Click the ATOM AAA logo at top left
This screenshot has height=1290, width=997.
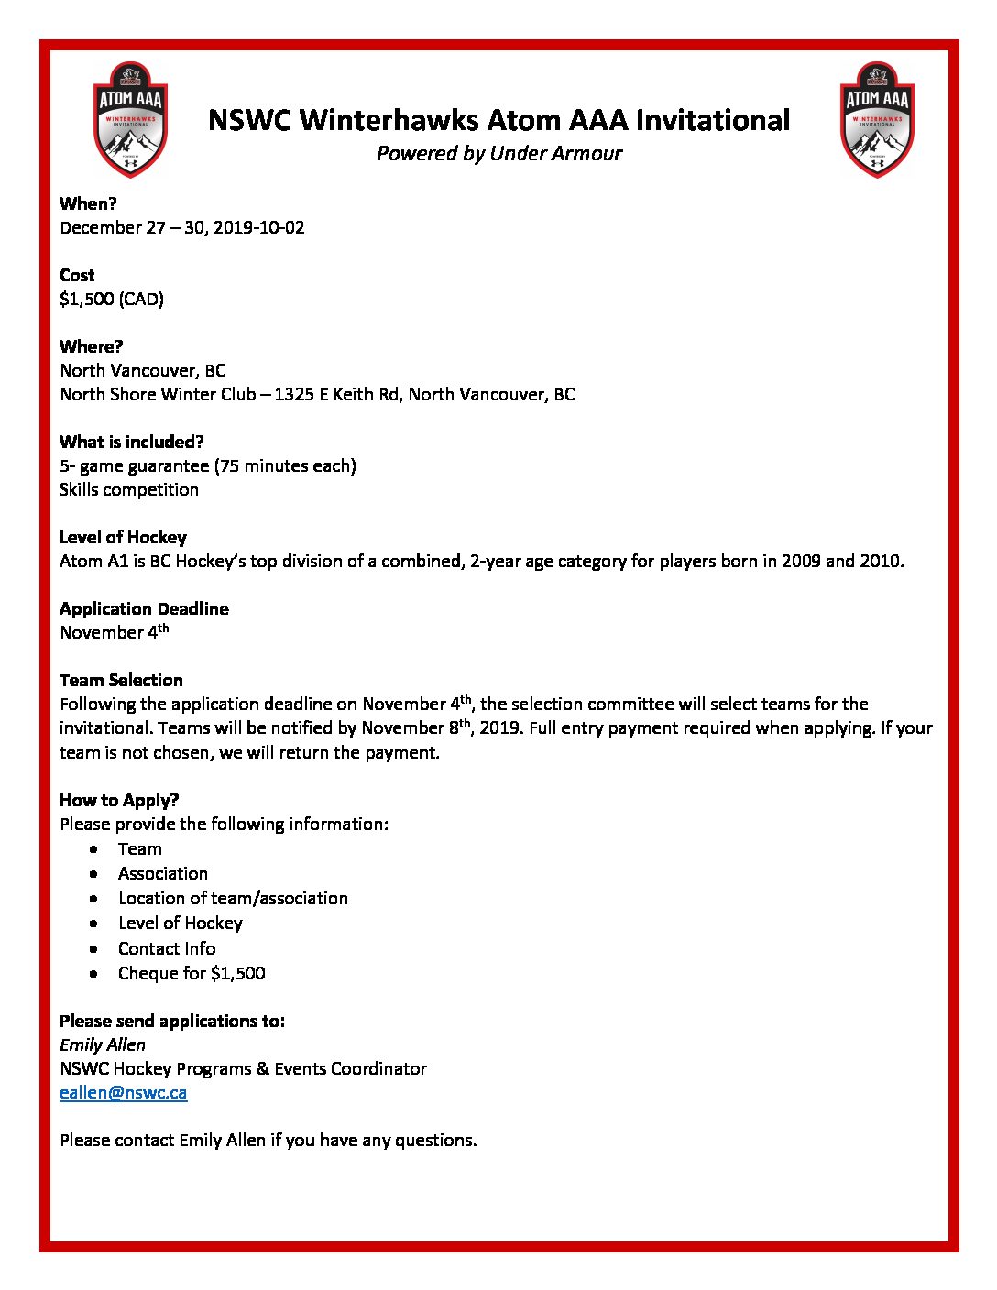click(131, 119)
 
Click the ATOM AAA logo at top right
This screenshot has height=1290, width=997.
click(877, 119)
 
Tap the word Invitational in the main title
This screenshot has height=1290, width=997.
click(712, 120)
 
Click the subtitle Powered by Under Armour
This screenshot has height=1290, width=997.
click(498, 154)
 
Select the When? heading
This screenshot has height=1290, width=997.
click(88, 203)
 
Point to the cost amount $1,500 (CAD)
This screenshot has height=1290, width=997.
click(112, 299)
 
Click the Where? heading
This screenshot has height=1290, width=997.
click(91, 346)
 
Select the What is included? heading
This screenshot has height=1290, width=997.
click(131, 442)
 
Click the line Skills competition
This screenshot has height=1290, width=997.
click(129, 489)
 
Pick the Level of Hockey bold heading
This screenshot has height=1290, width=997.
click(123, 537)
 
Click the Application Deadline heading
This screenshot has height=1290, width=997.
click(144, 608)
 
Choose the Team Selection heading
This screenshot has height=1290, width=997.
click(121, 680)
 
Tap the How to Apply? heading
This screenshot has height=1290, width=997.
click(119, 800)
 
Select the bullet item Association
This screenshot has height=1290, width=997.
click(163, 873)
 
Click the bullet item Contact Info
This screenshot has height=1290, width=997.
click(167, 948)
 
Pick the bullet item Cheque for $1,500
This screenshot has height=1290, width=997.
click(192, 973)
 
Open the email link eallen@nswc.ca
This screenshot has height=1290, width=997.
click(123, 1092)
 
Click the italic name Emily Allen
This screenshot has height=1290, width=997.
click(103, 1044)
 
